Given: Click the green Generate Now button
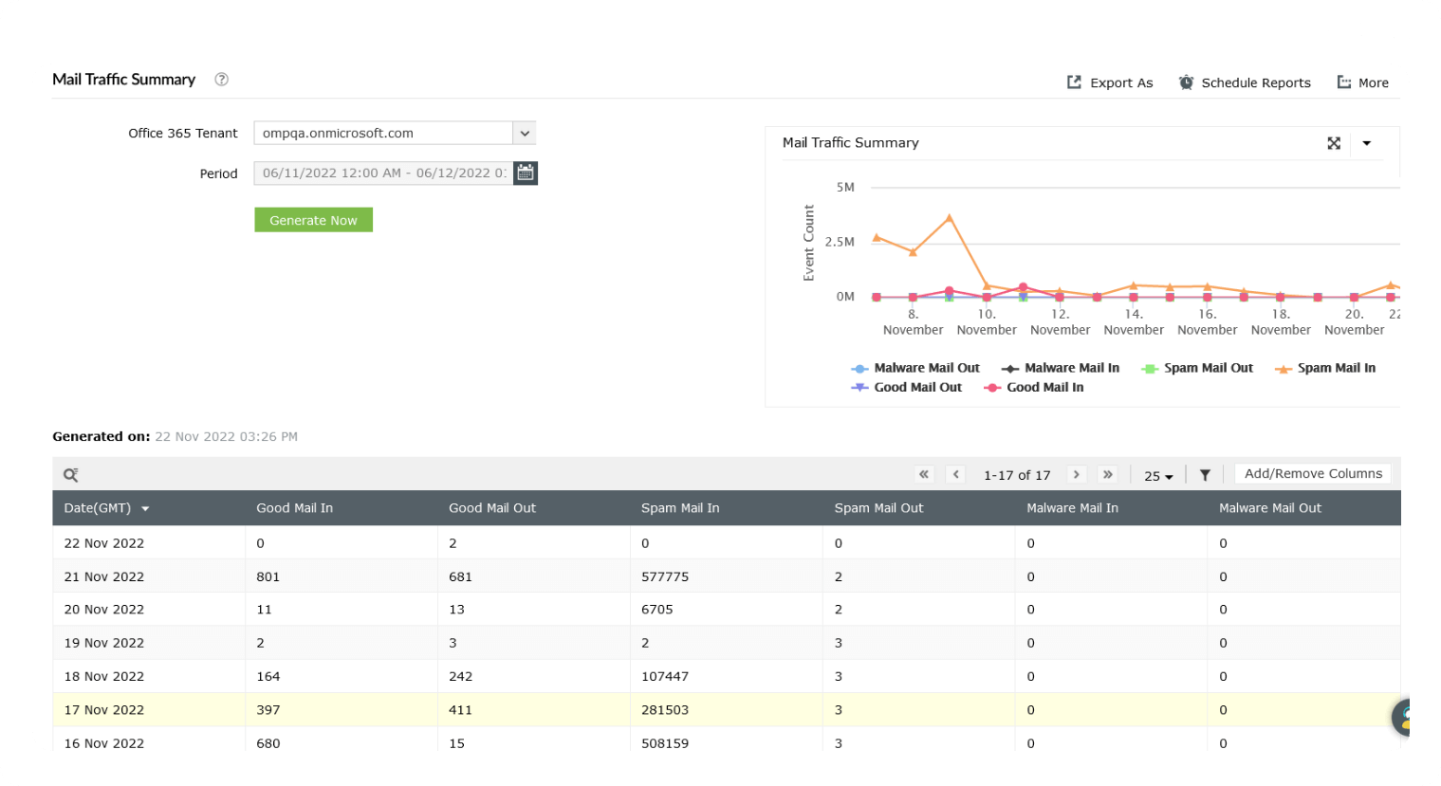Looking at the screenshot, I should pos(313,220).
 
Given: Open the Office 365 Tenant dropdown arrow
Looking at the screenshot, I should pos(525,134).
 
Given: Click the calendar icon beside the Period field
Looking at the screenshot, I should pos(526,174).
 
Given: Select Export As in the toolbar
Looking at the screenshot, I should pos(1110,83).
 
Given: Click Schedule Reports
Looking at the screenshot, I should pos(1245,83).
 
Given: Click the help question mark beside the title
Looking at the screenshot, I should pos(221,80).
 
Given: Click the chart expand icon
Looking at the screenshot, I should pos(1334,143).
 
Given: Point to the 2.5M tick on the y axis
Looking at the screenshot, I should pos(840,242).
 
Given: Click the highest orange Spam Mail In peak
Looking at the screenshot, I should pos(950,218).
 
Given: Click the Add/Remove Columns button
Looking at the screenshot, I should pos(1312,474).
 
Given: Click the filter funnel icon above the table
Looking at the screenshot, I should pos(1205,475).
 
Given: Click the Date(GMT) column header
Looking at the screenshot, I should pos(98,508).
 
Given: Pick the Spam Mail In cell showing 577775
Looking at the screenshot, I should pos(665,576).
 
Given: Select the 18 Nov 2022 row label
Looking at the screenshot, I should pos(104,677).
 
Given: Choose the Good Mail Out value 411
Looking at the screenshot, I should pos(459,710).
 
